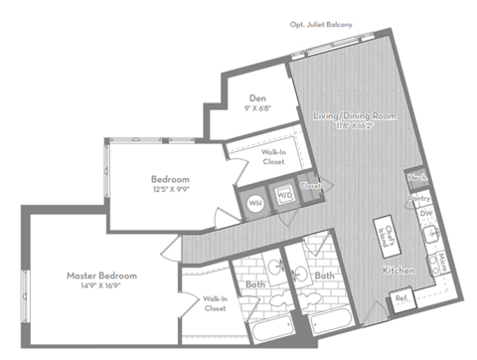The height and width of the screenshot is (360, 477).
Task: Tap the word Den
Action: (257, 98)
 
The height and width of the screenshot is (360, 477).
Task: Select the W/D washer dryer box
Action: (285, 196)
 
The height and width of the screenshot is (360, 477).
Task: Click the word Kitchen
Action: (397, 270)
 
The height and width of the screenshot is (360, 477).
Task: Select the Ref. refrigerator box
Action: (400, 297)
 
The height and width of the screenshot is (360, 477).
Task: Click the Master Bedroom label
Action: (101, 274)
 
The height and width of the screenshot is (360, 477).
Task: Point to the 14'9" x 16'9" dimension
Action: (101, 285)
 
